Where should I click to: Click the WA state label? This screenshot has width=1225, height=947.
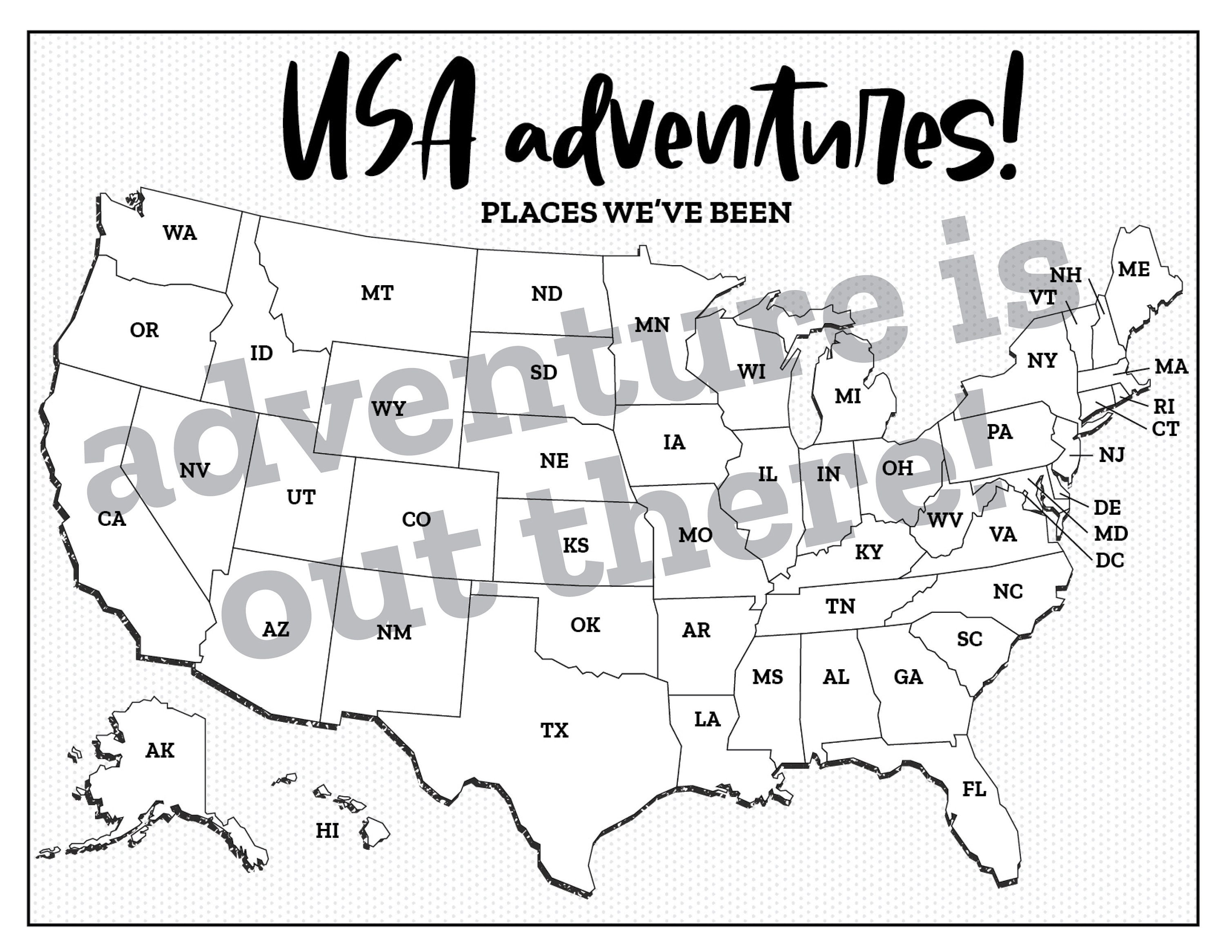coord(180,232)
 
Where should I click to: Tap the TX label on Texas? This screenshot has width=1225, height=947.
coord(554,730)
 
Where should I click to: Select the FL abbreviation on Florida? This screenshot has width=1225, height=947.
coord(974,789)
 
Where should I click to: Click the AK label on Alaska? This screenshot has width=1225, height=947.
coord(160,750)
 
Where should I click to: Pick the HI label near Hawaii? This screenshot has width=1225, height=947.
coord(327,830)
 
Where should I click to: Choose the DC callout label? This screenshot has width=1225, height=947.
coord(1109,560)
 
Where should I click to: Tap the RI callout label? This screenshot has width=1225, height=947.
coord(1164,406)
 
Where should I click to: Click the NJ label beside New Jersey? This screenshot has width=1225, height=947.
coord(1111,454)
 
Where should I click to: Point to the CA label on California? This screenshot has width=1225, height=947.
coord(111,519)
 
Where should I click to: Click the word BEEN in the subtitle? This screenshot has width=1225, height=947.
coord(750,212)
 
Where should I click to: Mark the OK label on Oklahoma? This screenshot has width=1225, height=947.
coord(585,624)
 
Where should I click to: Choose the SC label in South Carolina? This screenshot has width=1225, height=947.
coord(969,639)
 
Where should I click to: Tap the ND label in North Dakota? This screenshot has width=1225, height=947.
coord(546,293)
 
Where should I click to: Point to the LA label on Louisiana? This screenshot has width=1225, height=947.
coord(707,719)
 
